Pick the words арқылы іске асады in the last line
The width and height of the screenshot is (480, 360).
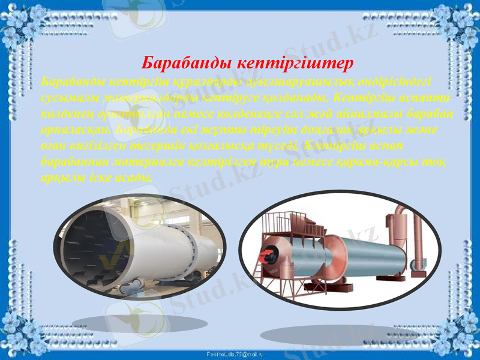99,178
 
